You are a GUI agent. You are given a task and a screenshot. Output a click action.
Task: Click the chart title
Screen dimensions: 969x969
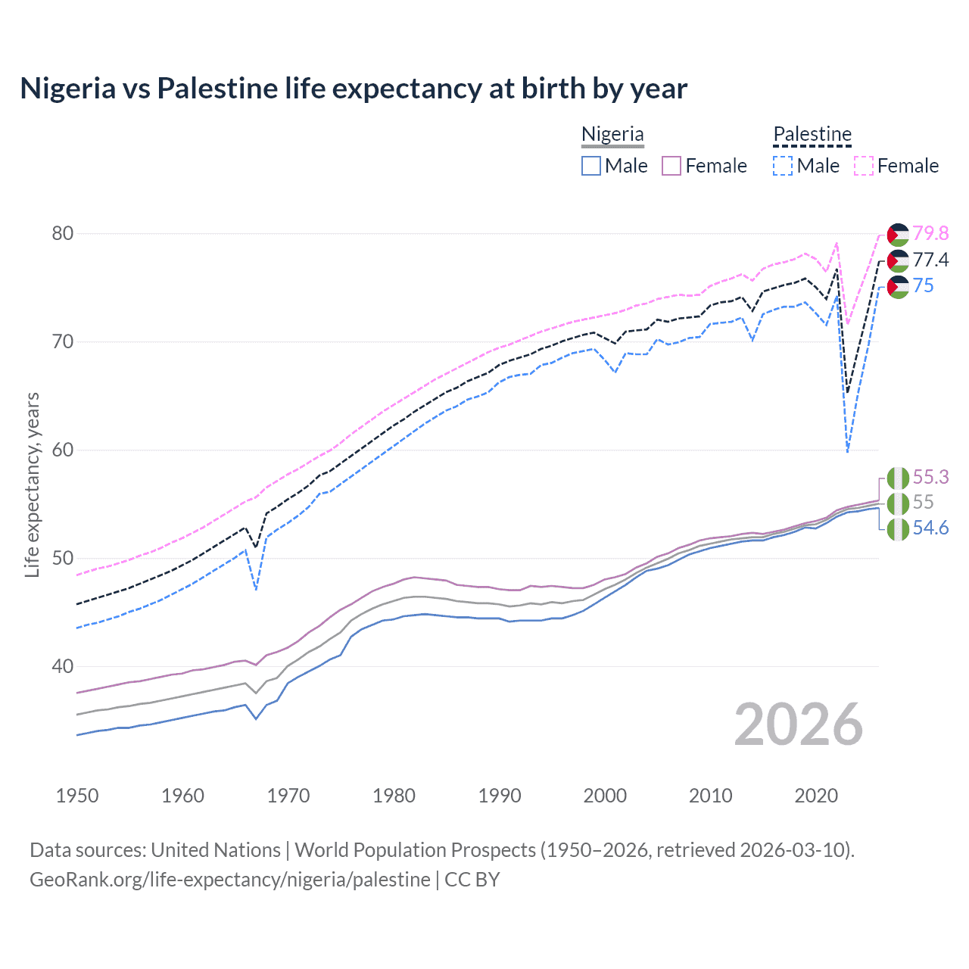pyautogui.click(x=354, y=89)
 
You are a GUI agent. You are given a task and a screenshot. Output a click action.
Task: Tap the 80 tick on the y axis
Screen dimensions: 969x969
pyautogui.click(x=63, y=233)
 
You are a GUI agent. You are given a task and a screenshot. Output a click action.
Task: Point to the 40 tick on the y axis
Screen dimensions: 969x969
pyautogui.click(x=63, y=666)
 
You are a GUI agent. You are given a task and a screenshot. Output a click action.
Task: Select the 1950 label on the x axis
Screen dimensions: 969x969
pyautogui.click(x=77, y=796)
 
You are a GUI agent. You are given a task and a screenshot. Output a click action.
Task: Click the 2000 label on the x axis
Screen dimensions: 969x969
pyautogui.click(x=605, y=796)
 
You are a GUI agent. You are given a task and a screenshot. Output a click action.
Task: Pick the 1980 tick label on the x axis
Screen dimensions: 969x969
pyautogui.click(x=394, y=796)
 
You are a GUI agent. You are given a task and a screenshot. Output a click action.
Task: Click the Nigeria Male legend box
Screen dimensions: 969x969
pyautogui.click(x=591, y=166)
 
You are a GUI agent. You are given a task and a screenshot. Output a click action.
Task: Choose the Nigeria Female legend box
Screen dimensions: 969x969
pyautogui.click(x=671, y=166)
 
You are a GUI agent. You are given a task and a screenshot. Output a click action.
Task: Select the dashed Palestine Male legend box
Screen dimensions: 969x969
pyautogui.click(x=783, y=166)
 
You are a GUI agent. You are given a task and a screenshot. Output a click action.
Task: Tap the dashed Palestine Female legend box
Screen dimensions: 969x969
pyautogui.click(x=864, y=166)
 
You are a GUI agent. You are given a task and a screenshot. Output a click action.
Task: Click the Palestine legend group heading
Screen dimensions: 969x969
pyautogui.click(x=812, y=134)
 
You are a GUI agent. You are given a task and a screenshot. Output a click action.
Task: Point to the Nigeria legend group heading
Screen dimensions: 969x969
pyautogui.click(x=612, y=134)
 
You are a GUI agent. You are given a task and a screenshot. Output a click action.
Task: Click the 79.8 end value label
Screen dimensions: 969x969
pyautogui.click(x=930, y=233)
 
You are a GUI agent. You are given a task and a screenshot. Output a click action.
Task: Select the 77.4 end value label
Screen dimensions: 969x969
pyautogui.click(x=930, y=260)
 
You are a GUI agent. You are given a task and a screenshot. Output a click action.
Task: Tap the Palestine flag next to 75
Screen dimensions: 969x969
pyautogui.click(x=898, y=287)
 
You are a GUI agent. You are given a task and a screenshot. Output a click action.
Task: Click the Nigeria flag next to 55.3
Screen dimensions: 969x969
pyautogui.click(x=898, y=478)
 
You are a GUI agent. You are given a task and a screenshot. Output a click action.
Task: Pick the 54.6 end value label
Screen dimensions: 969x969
pyautogui.click(x=930, y=528)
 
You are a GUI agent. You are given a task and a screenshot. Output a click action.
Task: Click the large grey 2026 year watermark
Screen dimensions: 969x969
pyautogui.click(x=798, y=724)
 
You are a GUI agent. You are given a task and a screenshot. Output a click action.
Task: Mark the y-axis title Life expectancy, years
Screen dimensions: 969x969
pyautogui.click(x=33, y=484)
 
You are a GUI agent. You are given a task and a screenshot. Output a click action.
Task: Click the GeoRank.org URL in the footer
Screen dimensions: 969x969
pyautogui.click(x=229, y=879)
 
